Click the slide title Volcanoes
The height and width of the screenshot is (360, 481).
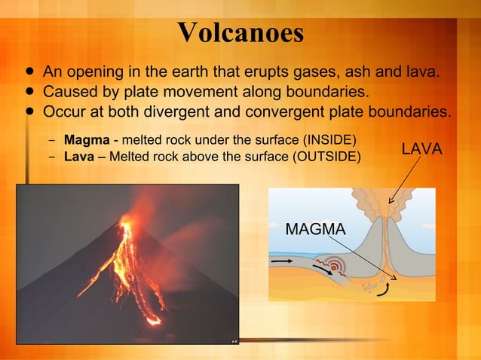[x=240, y=32]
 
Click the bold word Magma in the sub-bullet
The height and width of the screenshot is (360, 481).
[x=87, y=140]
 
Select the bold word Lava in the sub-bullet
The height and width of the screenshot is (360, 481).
[x=79, y=156]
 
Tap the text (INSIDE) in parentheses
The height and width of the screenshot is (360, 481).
[x=329, y=140]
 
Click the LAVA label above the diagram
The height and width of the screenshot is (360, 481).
[x=421, y=149]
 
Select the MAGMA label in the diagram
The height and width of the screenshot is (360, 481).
[x=315, y=228]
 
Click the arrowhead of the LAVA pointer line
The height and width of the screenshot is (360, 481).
[x=390, y=202]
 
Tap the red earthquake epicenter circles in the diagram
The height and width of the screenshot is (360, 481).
[x=335, y=267]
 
